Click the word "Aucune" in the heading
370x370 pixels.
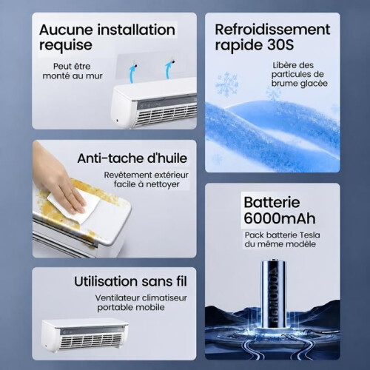(66, 30)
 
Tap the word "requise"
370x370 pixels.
(66, 45)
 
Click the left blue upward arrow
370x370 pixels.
(132, 72)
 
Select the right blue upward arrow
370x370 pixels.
(169, 69)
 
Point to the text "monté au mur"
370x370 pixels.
(73, 75)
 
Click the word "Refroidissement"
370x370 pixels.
(272, 30)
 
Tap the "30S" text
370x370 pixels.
(280, 45)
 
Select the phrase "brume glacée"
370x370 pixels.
(300, 84)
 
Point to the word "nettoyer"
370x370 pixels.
(163, 184)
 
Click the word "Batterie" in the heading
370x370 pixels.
(272, 203)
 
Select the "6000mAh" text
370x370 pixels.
(280, 218)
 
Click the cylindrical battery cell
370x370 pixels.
(274, 294)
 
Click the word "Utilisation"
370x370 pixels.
(103, 281)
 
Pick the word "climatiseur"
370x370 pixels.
(164, 297)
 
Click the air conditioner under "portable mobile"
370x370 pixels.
(85, 335)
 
